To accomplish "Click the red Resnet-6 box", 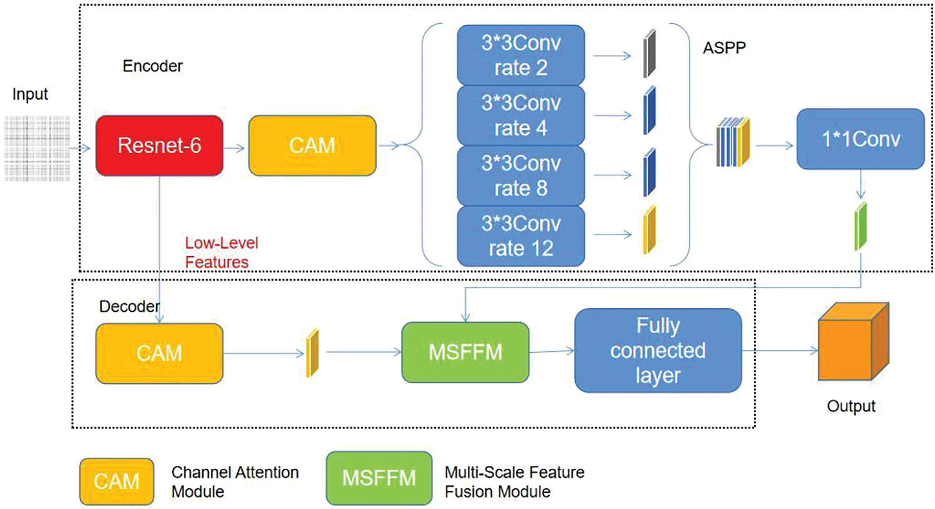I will click(159, 145).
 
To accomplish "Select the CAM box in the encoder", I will click(312, 145).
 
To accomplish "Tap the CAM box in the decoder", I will click(159, 353).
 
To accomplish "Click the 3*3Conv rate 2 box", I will click(521, 55).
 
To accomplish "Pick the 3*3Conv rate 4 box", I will click(521, 115).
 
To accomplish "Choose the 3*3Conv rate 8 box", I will click(521, 175).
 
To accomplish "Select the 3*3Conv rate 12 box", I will click(521, 236).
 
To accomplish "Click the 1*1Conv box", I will click(860, 138).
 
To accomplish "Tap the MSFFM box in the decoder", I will click(465, 352).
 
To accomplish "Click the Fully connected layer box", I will click(657, 351).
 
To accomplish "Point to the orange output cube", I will click(852, 342).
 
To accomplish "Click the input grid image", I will click(37, 148).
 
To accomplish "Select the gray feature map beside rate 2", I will click(649, 53).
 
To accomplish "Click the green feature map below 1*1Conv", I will click(861, 225).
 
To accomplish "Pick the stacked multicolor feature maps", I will click(733, 142).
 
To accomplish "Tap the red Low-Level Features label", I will click(221, 252).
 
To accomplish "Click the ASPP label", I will click(724, 48).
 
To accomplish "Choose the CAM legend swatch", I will click(117, 481).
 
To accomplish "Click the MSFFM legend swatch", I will click(379, 478).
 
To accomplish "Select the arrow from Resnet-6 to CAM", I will click(235, 148).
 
